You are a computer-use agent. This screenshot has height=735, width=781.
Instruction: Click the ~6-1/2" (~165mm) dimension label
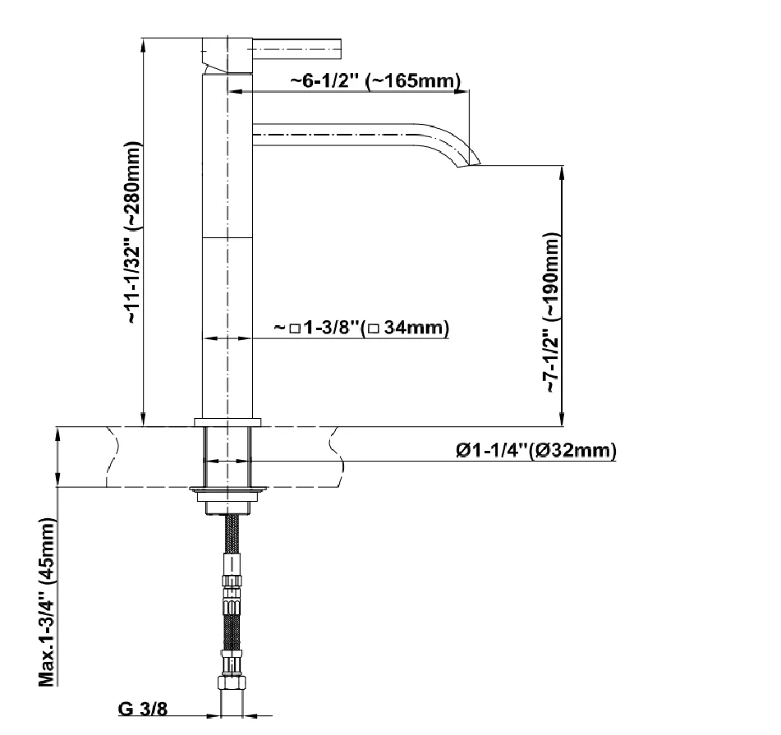[x=375, y=80]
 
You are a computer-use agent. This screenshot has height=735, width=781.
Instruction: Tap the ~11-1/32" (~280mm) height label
[x=134, y=233]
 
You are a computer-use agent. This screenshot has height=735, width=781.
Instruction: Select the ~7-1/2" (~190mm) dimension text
[x=552, y=312]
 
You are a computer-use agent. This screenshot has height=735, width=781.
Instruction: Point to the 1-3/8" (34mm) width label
[x=361, y=328]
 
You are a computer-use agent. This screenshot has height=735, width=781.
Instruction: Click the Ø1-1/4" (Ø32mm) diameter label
[x=536, y=450]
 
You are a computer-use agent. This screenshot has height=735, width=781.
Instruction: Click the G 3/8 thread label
[x=143, y=708]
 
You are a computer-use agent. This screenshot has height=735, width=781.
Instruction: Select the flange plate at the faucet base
[x=227, y=423]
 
